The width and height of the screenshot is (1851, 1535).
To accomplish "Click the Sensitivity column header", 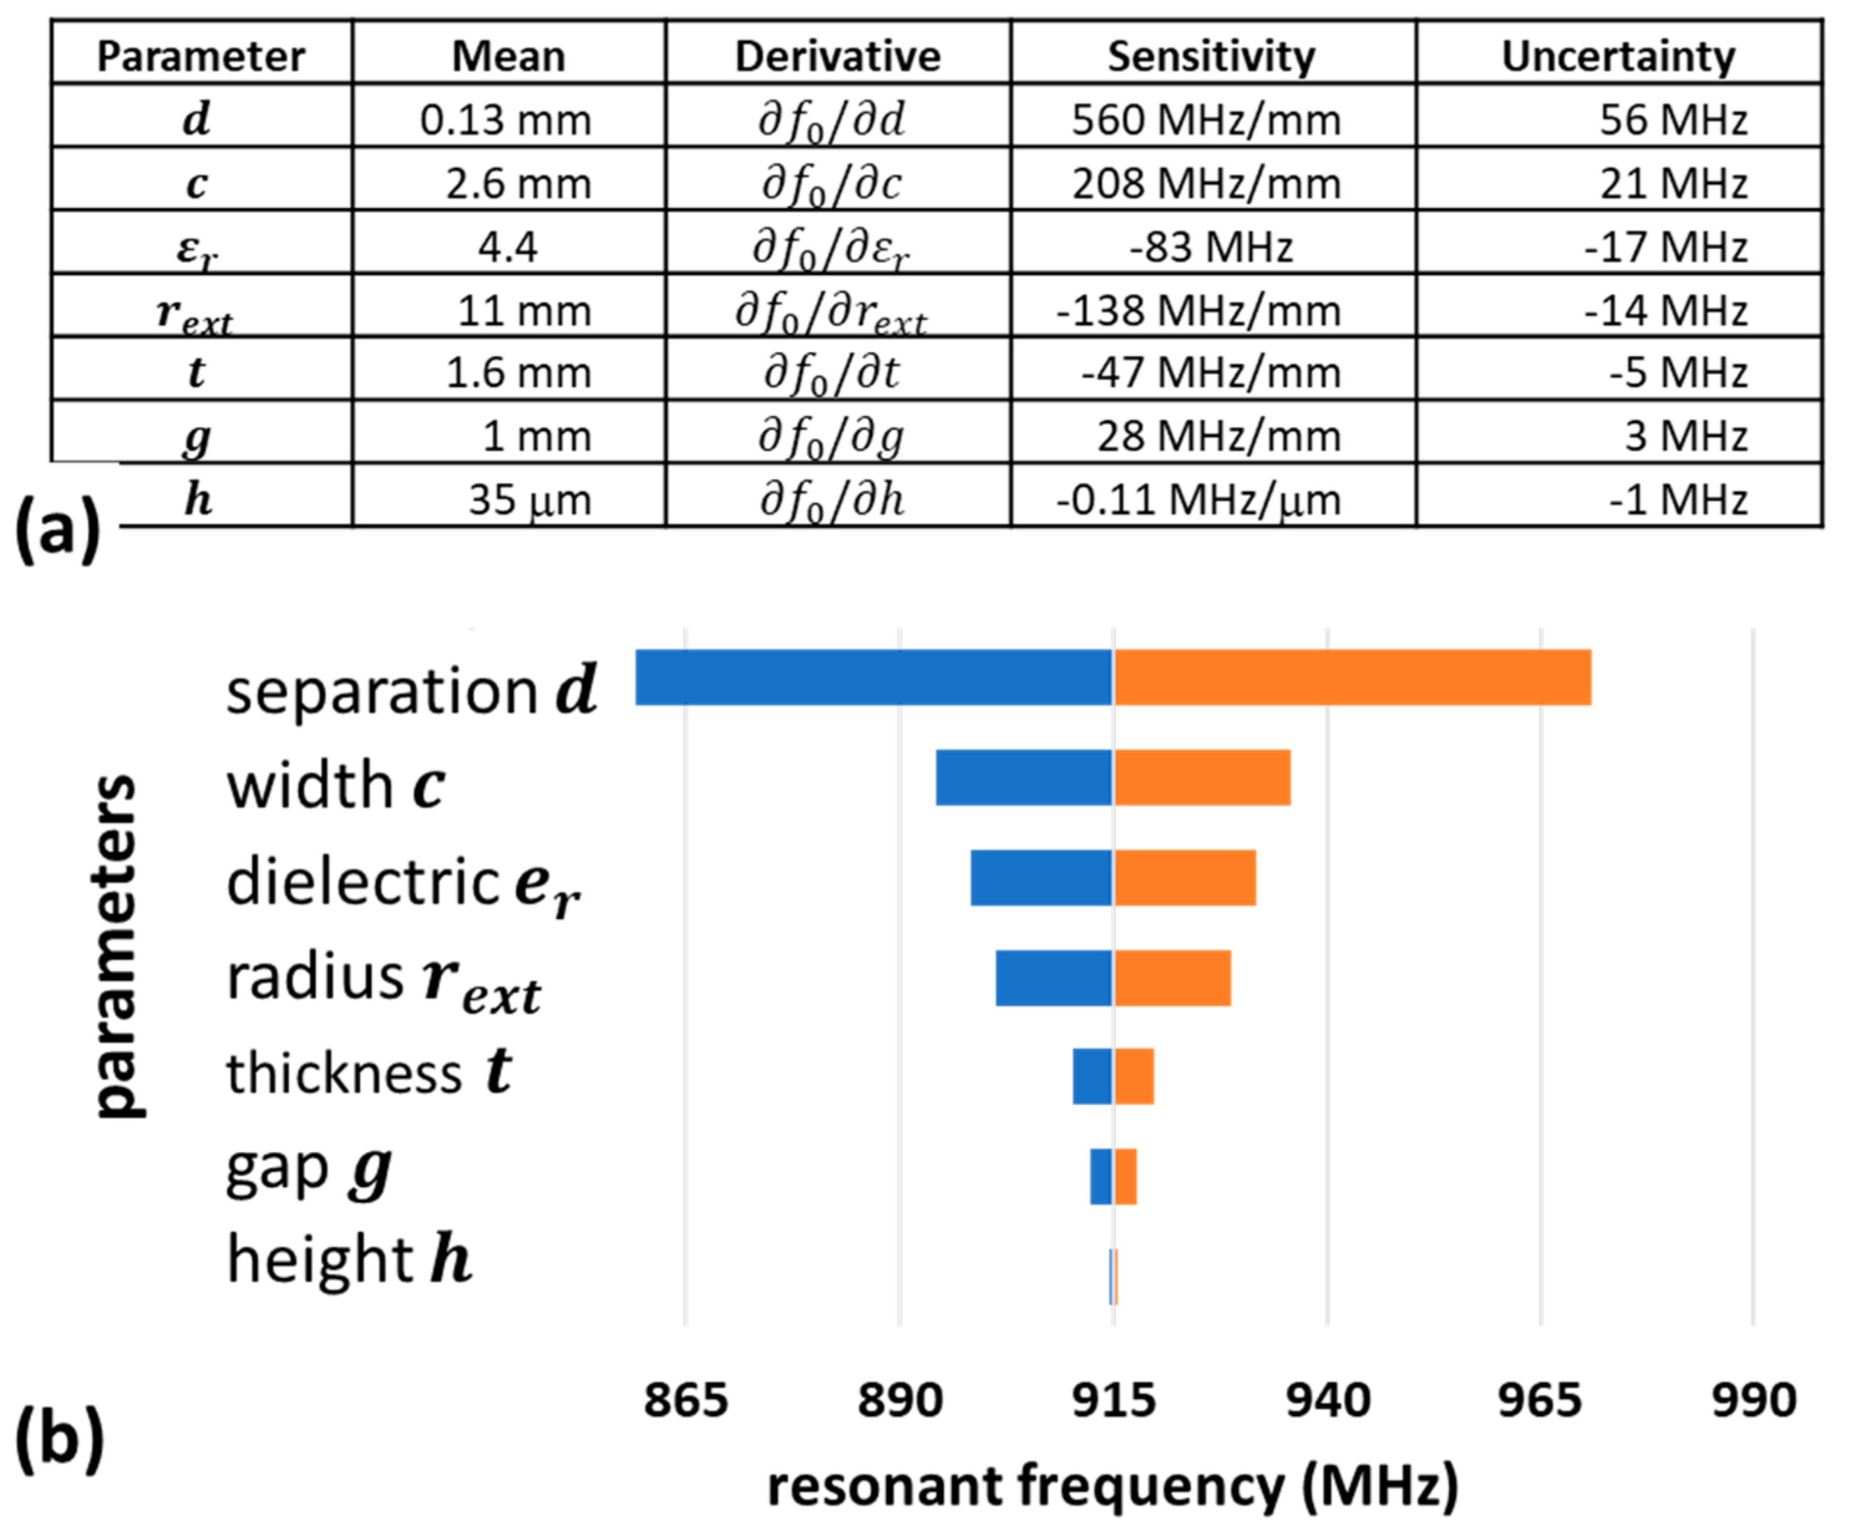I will coord(1211,57).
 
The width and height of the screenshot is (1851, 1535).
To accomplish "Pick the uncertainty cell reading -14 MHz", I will coord(1665,311).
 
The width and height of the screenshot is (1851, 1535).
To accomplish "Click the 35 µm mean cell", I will coord(529,500).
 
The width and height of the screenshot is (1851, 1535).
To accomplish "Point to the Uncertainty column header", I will coord(1619,57).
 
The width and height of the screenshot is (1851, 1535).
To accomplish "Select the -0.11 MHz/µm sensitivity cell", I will coord(1198,500).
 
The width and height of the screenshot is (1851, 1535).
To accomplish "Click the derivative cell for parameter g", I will coord(831,437).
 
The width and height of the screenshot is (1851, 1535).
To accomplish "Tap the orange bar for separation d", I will coord(1352,677).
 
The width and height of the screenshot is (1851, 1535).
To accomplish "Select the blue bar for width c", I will coord(1023,777).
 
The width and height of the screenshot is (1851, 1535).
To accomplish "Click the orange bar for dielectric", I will coord(1184,878).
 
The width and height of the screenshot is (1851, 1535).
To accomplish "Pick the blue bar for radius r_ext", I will coord(1053,978).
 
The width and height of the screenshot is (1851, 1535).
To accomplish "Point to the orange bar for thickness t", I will coord(1133,1076).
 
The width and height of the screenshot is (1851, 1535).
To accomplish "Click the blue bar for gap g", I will coord(1100,1176).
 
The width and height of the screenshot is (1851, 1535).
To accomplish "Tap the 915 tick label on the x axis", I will coord(1113,1400).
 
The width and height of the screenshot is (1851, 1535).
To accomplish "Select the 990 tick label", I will coord(1753,1400).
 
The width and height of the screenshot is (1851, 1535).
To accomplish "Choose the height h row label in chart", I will coord(349,1259).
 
